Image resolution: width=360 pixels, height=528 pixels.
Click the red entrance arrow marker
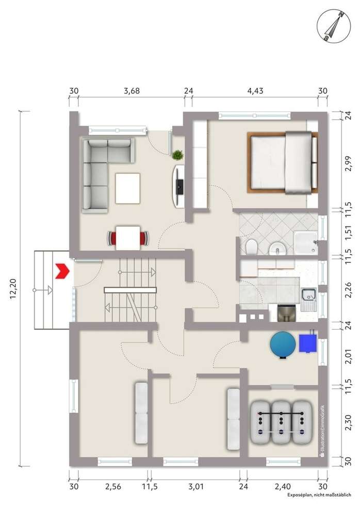[62, 270]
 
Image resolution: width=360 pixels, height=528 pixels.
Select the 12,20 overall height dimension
[14, 288]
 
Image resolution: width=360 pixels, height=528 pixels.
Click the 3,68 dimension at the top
[132, 91]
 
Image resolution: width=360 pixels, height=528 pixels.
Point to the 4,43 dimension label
[255, 91]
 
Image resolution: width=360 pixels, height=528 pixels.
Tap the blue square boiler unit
[308, 343]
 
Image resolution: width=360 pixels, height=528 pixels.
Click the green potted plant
[178, 154]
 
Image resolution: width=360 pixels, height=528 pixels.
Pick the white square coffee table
[128, 188]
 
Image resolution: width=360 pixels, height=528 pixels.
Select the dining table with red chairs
[128, 238]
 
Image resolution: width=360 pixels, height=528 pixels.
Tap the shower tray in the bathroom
[305, 243]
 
